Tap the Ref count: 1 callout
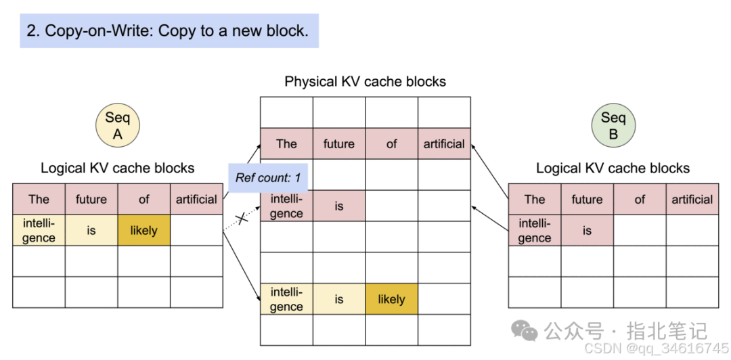[267, 179]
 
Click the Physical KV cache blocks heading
[365, 82]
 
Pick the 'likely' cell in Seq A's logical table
[143, 230]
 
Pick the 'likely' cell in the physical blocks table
[391, 299]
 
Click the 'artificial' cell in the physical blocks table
[444, 143]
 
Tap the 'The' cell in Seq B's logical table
[535, 199]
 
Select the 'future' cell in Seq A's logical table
[91, 199]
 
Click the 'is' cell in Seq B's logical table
[587, 230]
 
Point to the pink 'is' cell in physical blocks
[339, 206]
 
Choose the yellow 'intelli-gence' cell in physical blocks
[286, 299]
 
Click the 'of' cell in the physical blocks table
[391, 143]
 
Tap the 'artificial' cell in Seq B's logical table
[692, 199]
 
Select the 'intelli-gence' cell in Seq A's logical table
[39, 230]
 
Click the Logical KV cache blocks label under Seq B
[613, 168]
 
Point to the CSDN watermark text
[656, 348]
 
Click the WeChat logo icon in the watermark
[525, 330]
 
